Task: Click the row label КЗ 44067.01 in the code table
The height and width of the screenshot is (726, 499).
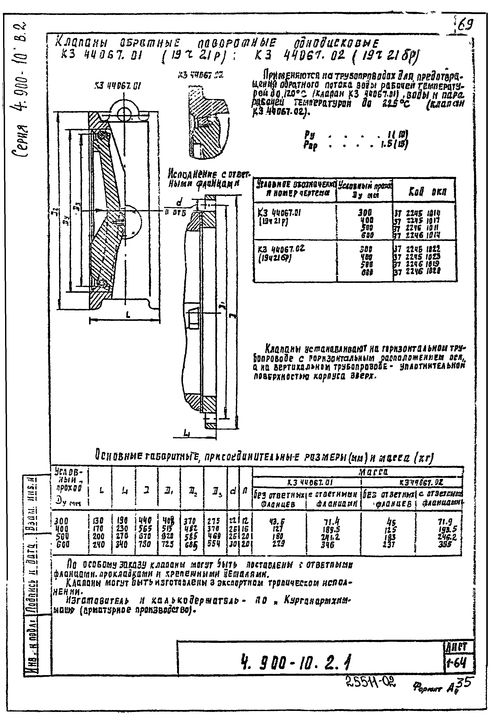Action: coord(279,213)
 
